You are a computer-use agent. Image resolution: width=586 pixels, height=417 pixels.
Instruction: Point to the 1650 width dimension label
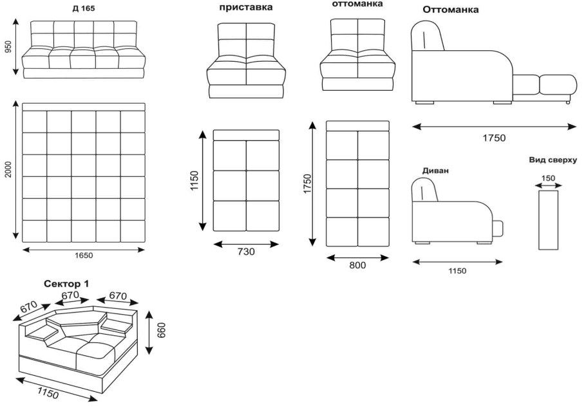pos(83,255)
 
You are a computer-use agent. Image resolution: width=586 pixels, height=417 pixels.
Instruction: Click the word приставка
pos(245,8)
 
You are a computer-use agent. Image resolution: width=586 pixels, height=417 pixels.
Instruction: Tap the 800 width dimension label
pos(357,264)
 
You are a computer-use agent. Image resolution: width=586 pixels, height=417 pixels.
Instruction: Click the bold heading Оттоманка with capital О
pos(451,10)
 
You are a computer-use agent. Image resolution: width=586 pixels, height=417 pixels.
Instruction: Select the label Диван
pos(435,171)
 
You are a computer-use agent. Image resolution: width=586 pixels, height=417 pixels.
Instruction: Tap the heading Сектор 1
pos(66,283)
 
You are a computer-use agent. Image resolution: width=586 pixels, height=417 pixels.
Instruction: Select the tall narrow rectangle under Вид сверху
pos(548,219)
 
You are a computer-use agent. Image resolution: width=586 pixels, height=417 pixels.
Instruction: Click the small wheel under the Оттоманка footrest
pos(567,102)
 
